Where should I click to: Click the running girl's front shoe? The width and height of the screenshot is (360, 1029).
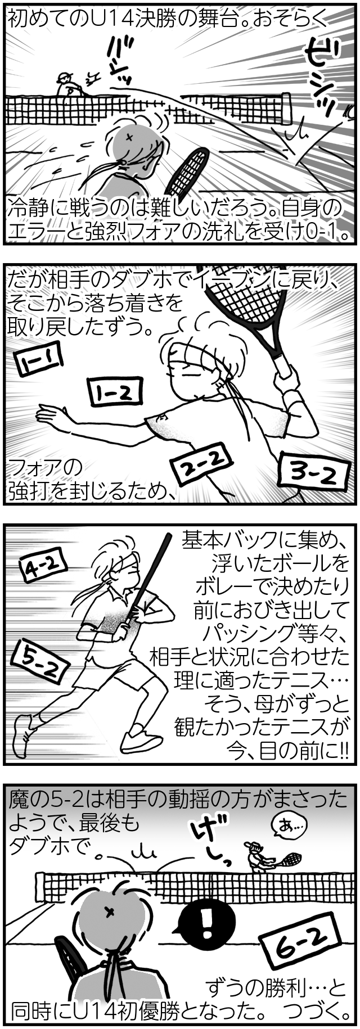[141, 742]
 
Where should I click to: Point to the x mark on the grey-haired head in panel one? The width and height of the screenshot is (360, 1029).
[130, 137]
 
